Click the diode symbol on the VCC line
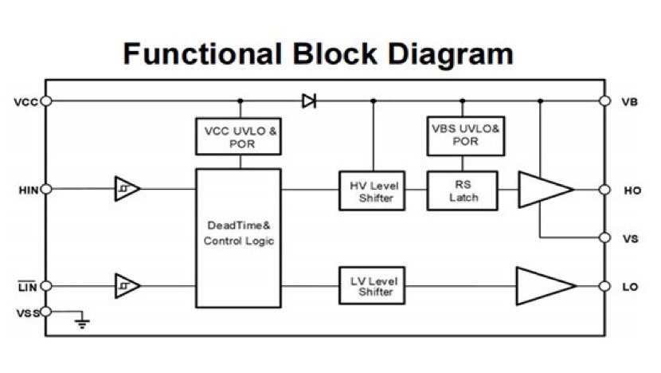(308, 101)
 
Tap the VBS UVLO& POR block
(464, 136)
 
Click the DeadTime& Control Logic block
(239, 237)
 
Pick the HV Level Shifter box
(372, 191)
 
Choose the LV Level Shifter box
(372, 285)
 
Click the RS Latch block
(463, 190)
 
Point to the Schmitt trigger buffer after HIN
(127, 189)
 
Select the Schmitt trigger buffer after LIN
(127, 285)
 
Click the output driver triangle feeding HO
(543, 190)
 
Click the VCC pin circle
(46, 101)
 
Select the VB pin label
(629, 102)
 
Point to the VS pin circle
(604, 238)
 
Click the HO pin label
(632, 191)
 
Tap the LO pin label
(630, 286)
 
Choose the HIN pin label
(27, 189)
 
